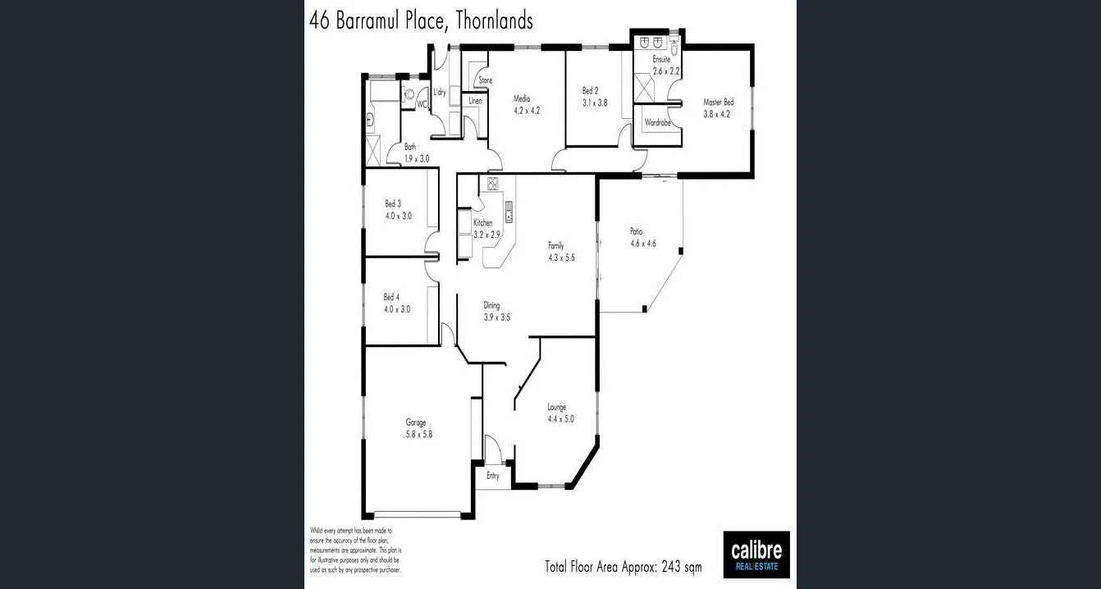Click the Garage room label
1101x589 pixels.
click(416, 422)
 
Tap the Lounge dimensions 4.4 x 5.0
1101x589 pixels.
click(561, 418)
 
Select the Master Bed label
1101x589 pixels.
click(718, 103)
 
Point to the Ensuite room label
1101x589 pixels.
click(661, 60)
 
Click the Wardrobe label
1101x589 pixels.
click(658, 122)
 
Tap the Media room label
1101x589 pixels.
click(522, 98)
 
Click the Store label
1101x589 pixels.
click(486, 80)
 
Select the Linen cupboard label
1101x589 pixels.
click(475, 100)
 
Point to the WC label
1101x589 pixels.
click(422, 104)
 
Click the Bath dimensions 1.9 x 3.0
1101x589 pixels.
click(417, 158)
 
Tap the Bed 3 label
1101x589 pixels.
click(393, 203)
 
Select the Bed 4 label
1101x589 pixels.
click(391, 297)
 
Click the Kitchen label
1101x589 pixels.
click(482, 223)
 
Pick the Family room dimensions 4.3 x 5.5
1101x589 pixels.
click(561, 257)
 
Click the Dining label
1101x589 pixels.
click(491, 306)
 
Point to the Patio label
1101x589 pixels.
click(636, 231)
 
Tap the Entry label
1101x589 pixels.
click(493, 476)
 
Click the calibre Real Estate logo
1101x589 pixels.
click(756, 555)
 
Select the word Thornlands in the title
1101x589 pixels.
click(492, 21)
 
